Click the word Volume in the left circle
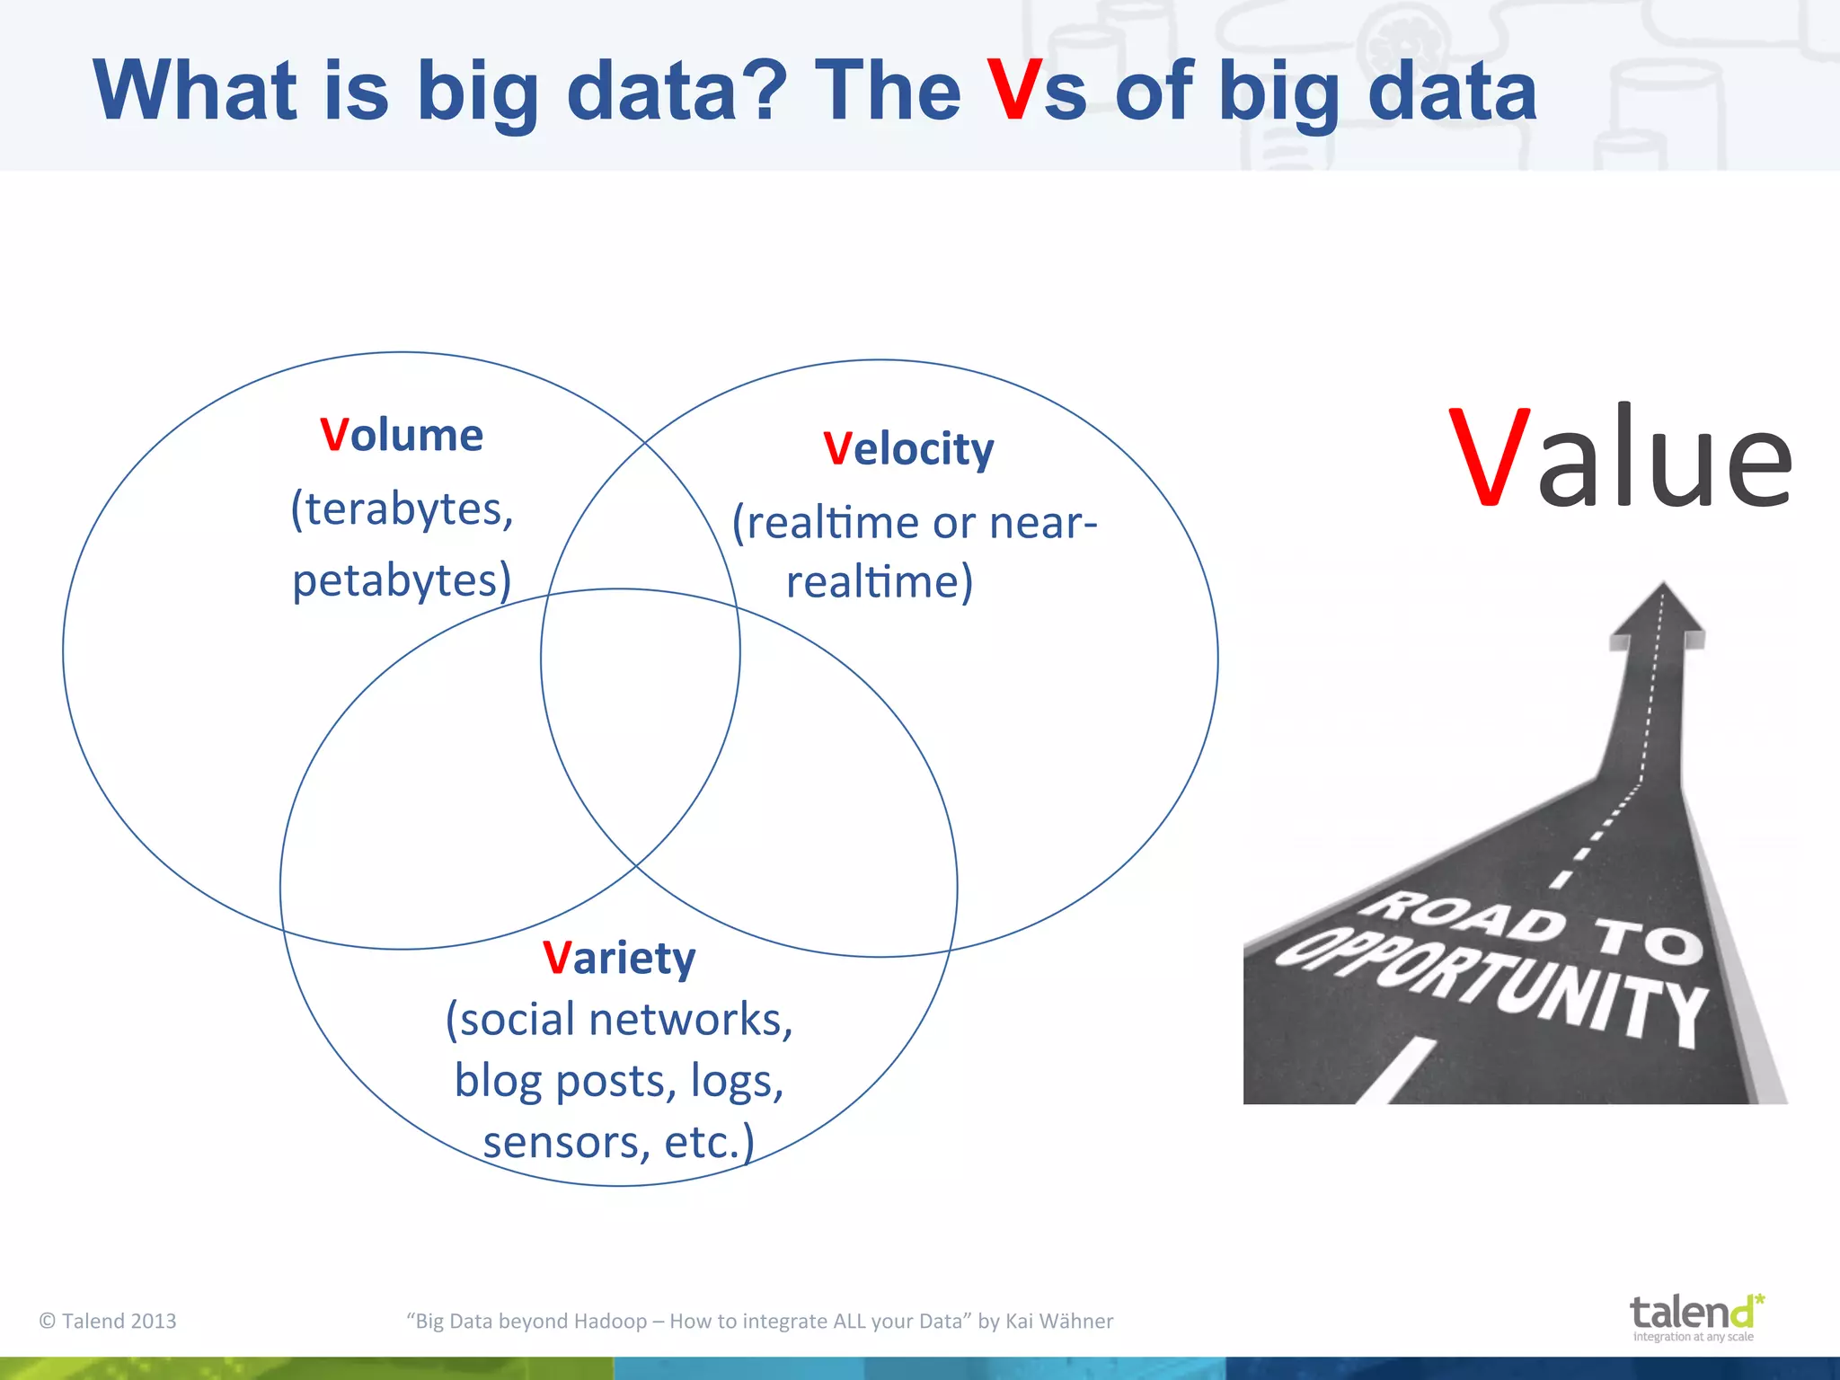click(x=402, y=435)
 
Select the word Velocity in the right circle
click(x=908, y=448)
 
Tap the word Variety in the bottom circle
click(x=619, y=958)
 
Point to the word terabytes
click(x=405, y=509)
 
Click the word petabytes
click(x=396, y=580)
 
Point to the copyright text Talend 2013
click(x=109, y=1321)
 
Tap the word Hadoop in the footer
click(x=610, y=1321)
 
